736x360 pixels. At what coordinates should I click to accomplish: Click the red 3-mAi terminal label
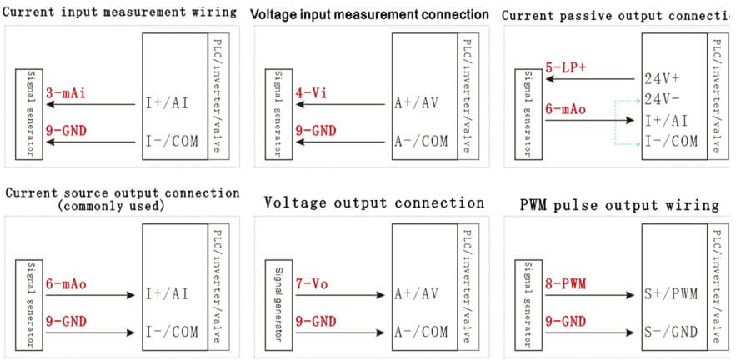(x=64, y=93)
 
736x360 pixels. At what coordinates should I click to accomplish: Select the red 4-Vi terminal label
(x=308, y=93)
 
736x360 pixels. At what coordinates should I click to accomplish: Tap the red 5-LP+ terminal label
(x=564, y=67)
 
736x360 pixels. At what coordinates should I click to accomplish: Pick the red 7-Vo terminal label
(x=310, y=283)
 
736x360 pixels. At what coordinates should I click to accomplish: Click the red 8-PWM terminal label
(x=565, y=283)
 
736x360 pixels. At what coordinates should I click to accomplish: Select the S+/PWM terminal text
(x=672, y=294)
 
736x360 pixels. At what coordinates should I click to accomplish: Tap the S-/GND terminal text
(x=672, y=332)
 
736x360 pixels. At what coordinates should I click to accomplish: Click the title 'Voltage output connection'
(x=373, y=202)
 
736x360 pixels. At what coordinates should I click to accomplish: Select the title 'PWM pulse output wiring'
(x=619, y=204)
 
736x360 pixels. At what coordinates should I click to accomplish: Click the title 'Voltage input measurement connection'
(x=369, y=15)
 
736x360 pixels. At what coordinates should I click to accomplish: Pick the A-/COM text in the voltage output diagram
(x=421, y=332)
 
